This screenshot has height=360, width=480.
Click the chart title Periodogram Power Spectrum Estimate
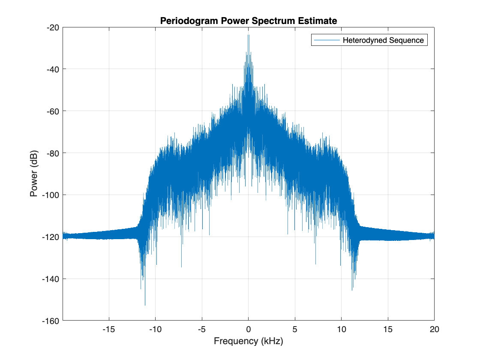point(249,21)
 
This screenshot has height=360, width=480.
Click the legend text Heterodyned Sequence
point(383,41)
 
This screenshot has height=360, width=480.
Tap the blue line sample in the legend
point(326,41)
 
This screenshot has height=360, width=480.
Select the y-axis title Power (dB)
point(34,174)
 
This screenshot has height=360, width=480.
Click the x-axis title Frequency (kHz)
point(249,342)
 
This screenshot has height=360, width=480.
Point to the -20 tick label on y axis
point(53,27)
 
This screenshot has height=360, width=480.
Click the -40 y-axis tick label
point(53,69)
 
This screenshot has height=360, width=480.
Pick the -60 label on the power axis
point(53,111)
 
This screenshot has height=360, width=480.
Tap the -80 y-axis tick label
point(53,153)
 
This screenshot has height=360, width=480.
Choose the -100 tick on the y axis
point(51,195)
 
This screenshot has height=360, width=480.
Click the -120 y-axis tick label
point(51,237)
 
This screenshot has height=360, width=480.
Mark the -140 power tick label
point(51,279)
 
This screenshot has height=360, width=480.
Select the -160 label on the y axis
point(51,321)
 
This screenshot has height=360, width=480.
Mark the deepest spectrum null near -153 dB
point(145,305)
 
